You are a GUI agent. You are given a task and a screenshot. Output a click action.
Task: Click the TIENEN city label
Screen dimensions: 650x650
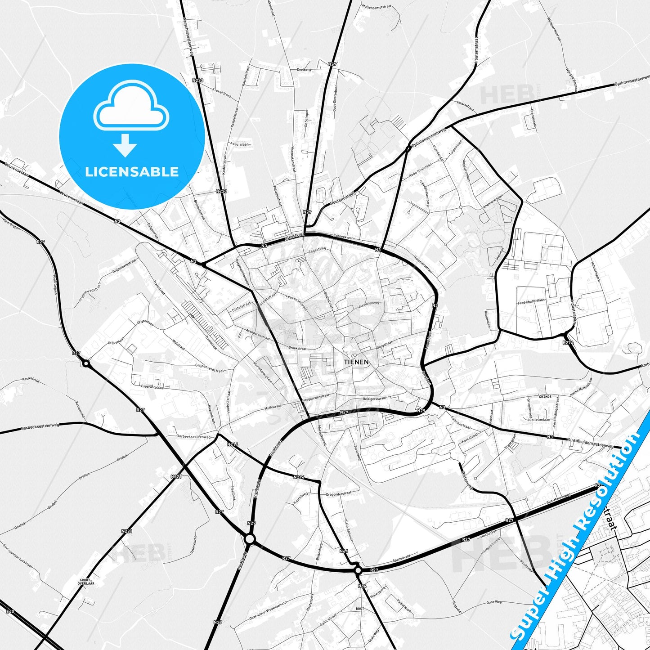tap(356, 362)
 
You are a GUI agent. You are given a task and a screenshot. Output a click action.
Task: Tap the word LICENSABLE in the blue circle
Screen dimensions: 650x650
tap(132, 172)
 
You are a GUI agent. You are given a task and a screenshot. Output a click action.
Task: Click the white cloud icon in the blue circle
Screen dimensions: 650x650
tap(131, 107)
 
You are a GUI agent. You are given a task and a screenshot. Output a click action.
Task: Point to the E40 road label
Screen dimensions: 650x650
tap(11, 612)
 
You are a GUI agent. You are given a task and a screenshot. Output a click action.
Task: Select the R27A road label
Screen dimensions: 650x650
tap(568, 342)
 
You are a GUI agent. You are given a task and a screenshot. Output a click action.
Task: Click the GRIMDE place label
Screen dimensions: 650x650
tap(545, 397)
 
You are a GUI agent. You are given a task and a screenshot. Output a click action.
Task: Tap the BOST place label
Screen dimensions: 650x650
tap(360, 609)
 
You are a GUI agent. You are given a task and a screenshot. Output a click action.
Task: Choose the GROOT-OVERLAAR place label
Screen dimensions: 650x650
tap(86, 581)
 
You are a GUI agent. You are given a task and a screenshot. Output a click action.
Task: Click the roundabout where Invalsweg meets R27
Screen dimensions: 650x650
tap(250, 538)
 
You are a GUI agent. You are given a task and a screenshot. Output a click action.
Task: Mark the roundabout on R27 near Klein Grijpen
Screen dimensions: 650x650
tap(85, 363)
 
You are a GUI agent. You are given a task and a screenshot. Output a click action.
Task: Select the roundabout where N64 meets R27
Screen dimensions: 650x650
tap(358, 570)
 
